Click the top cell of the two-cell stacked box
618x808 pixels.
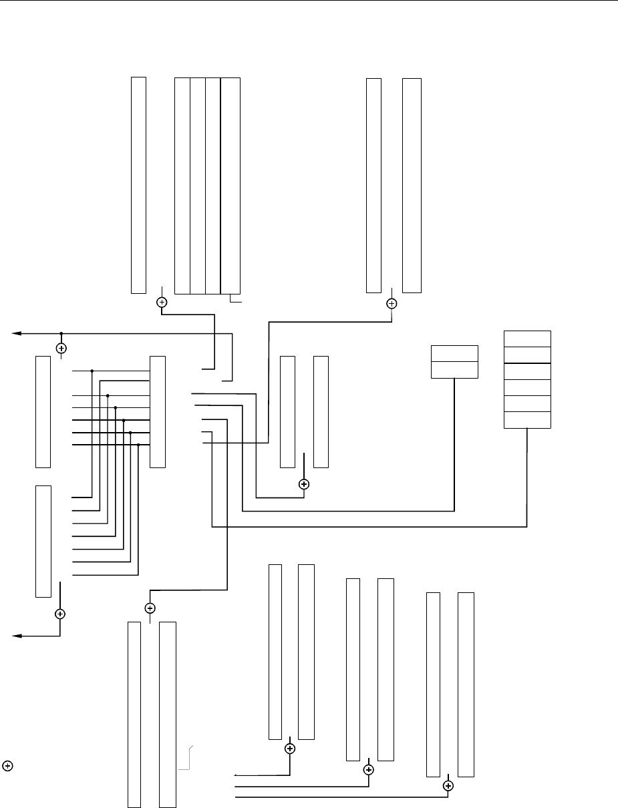(x=454, y=353)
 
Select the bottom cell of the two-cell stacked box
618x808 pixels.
(x=454, y=370)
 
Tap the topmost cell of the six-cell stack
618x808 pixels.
(x=526, y=338)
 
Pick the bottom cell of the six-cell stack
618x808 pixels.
(x=526, y=419)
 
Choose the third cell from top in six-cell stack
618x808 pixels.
(x=526, y=371)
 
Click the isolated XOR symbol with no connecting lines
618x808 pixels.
(x=7, y=765)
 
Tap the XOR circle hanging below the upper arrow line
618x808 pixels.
(x=61, y=348)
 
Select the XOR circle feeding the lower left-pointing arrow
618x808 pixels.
(x=60, y=613)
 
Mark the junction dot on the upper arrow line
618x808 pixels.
(x=61, y=333)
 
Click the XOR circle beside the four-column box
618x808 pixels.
(x=162, y=302)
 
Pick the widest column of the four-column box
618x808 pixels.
(x=230, y=186)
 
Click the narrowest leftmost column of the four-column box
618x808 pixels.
(x=182, y=186)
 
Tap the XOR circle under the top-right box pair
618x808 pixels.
(x=392, y=303)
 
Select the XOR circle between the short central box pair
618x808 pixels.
(x=304, y=483)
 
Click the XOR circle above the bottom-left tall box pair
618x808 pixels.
(x=150, y=608)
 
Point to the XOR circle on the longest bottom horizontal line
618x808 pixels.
(x=448, y=786)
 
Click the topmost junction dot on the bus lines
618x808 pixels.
(x=92, y=370)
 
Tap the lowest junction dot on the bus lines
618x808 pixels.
(x=138, y=445)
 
